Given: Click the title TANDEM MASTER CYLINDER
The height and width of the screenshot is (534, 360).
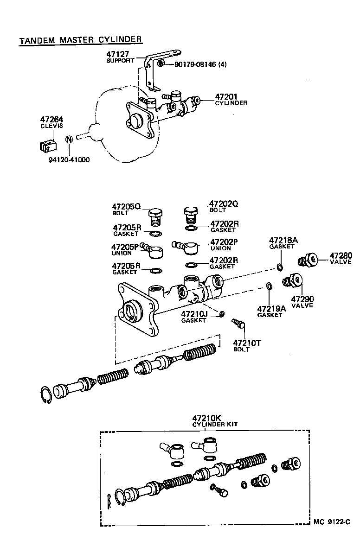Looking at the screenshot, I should pyautogui.click(x=80, y=40).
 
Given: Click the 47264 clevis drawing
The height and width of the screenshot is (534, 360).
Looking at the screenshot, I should pyautogui.click(x=46, y=145).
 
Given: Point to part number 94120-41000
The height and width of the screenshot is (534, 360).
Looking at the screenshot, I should pyautogui.click(x=69, y=160).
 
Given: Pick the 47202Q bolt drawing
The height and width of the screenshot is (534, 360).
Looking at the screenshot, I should pyautogui.click(x=190, y=215).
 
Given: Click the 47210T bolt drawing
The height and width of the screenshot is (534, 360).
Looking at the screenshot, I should pyautogui.click(x=238, y=323).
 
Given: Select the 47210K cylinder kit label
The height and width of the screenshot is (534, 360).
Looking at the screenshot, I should pyautogui.click(x=206, y=418).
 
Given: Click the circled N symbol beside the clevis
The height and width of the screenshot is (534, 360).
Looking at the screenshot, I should pyautogui.click(x=69, y=139).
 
